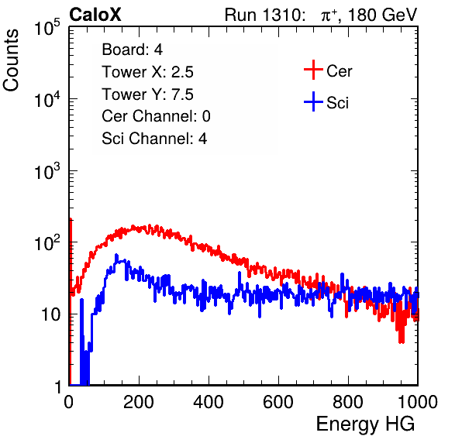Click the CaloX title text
[x=95, y=15]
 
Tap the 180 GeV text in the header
[x=382, y=15]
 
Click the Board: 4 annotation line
[x=133, y=49]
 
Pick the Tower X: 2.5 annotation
[x=147, y=71]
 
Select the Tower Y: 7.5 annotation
[x=147, y=94]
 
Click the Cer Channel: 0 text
[x=156, y=116]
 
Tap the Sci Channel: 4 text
[x=154, y=138]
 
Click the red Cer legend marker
[x=313, y=70]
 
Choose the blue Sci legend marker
[x=313, y=102]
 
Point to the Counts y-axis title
[x=11, y=60]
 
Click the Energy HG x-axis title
[x=365, y=424]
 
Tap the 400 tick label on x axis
[x=209, y=402]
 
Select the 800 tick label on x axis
[x=348, y=402]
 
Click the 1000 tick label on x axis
[x=418, y=402]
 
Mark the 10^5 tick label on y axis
[x=47, y=27]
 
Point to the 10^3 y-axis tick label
[x=47, y=170]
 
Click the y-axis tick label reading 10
[x=50, y=314]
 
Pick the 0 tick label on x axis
[x=69, y=402]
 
